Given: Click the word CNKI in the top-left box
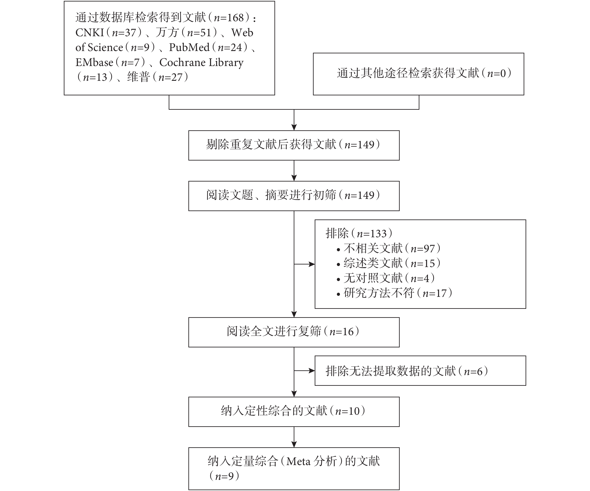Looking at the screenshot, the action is (x=90, y=33).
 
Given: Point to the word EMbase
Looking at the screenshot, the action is (x=94, y=62).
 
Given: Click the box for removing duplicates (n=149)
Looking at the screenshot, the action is (x=294, y=145).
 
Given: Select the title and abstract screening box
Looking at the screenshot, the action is (x=294, y=196).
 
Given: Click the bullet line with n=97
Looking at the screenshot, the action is (x=389, y=249).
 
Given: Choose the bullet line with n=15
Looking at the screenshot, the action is (x=389, y=263).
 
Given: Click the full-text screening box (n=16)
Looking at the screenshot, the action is (x=294, y=332).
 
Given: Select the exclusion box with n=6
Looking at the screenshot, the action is (x=420, y=371).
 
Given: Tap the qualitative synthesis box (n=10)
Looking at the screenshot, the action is (x=294, y=412).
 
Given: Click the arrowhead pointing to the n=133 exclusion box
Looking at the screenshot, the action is (x=312, y=264).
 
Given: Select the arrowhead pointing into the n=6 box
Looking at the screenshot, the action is (x=312, y=371).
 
